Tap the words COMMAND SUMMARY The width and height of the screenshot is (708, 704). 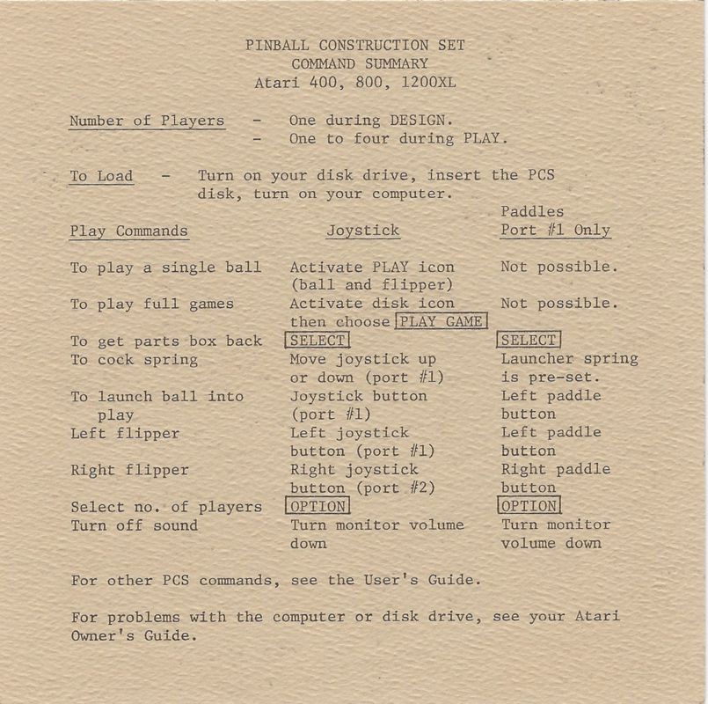coord(359,64)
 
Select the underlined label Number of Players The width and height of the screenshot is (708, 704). coord(147,121)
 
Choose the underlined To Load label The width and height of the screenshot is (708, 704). coord(101,176)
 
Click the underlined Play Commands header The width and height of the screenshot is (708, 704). coord(129,231)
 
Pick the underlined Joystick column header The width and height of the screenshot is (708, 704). coord(362,231)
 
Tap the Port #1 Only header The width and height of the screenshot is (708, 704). coord(555,231)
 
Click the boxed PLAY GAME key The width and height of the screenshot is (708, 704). coord(440,322)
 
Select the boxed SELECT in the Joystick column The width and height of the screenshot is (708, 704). coord(318,341)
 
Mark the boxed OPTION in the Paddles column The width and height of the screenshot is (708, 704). coord(529,507)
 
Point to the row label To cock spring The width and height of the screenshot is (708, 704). coord(134,359)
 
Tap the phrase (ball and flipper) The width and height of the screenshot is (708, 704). coord(372,285)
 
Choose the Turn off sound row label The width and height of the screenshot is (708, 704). coord(134,525)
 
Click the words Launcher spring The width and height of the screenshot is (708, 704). coord(569,359)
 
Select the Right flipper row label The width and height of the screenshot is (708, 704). coord(129,470)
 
